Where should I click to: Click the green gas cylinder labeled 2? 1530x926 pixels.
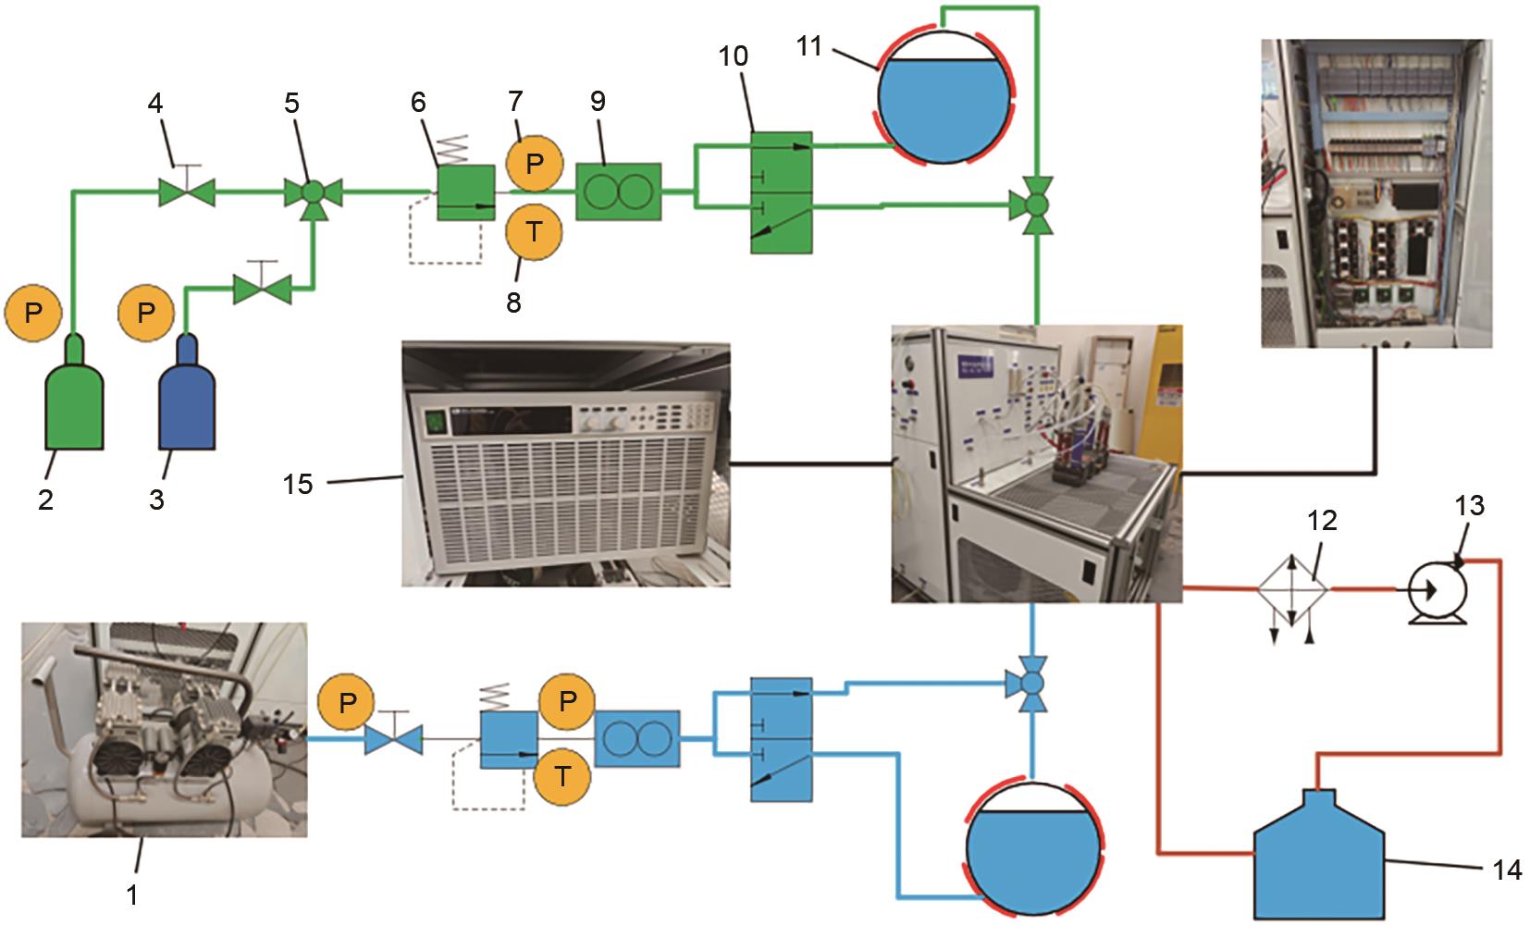click(75, 398)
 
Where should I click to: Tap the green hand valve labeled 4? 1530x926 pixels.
click(187, 193)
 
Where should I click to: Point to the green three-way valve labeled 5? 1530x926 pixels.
click(313, 193)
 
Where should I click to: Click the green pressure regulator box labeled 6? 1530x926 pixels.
click(466, 192)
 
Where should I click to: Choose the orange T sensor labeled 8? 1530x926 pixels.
click(534, 231)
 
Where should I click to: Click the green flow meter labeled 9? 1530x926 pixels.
click(618, 192)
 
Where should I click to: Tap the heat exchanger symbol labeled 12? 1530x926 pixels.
click(1292, 588)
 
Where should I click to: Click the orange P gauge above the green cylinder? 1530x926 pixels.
click(33, 313)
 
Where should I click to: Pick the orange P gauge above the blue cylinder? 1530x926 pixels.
click(145, 313)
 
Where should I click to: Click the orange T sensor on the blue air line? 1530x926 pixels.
click(561, 776)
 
